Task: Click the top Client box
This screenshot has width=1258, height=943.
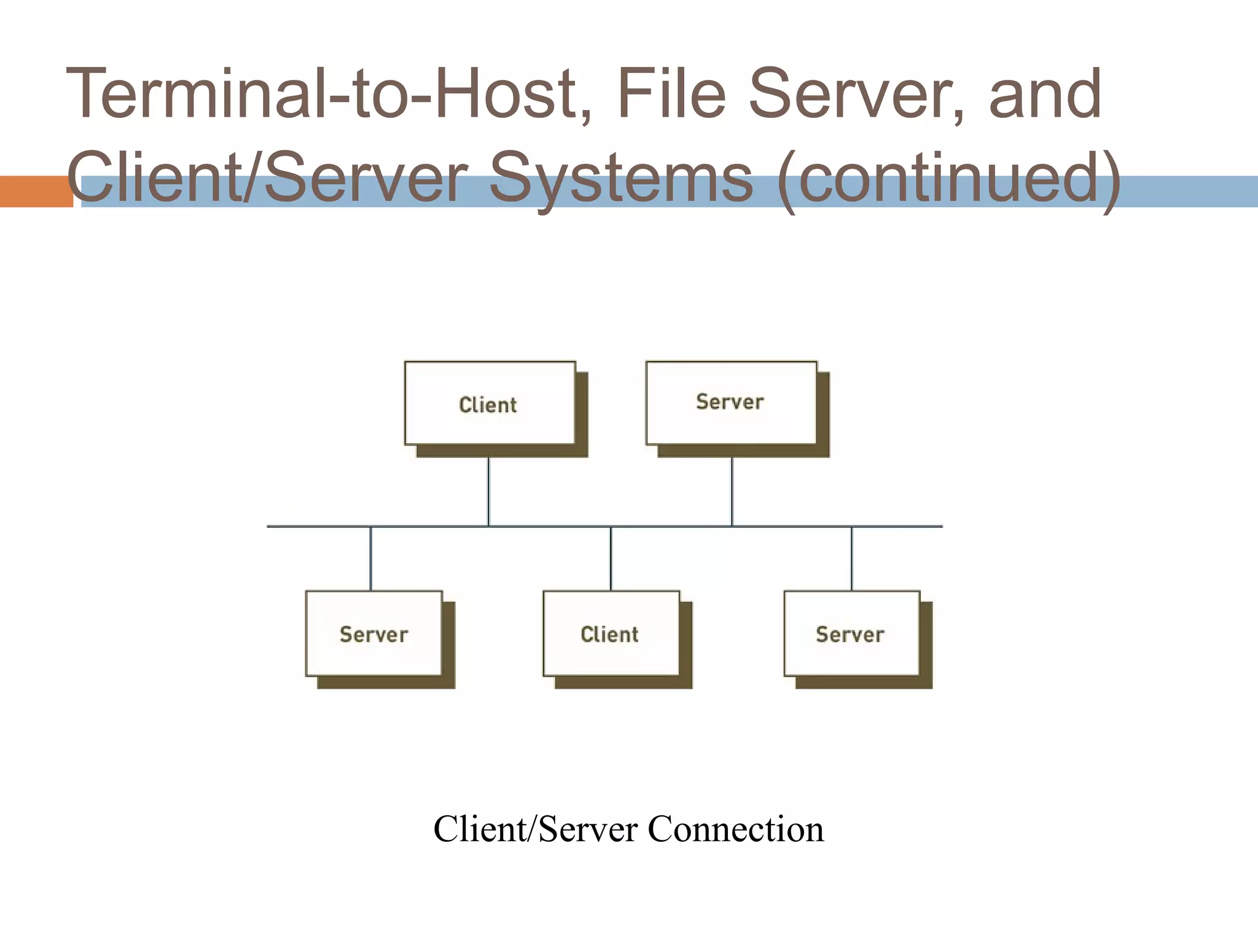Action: tap(490, 403)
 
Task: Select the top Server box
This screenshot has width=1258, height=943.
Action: tap(731, 403)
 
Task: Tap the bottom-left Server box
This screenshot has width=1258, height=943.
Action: tap(373, 633)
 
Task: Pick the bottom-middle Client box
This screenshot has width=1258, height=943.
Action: tap(611, 633)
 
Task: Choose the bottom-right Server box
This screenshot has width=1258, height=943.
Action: tap(851, 633)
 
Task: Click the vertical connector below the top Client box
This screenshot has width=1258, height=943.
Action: tap(488, 491)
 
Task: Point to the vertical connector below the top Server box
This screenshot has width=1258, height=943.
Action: tap(732, 491)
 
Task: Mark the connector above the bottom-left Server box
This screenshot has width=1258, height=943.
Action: tap(370, 558)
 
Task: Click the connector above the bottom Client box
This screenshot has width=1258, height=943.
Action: tap(611, 558)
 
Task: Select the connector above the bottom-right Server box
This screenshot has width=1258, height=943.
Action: tap(851, 558)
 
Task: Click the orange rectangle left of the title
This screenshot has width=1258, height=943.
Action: tap(36, 192)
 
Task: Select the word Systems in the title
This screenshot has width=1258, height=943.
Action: tap(620, 179)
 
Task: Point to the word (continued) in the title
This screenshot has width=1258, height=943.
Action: tap(948, 179)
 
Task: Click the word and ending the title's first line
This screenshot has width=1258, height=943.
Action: tap(1045, 95)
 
